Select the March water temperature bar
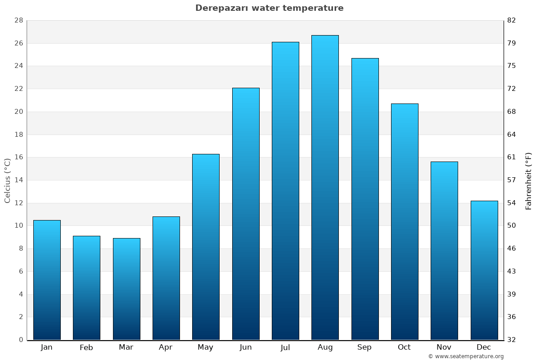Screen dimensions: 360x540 (126, 289)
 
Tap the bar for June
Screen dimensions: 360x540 (246, 214)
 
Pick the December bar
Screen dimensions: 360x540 (484, 270)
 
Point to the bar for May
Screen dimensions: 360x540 (206, 247)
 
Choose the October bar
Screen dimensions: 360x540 (405, 221)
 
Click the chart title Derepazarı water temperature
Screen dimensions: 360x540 (269, 8)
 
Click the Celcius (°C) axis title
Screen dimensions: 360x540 (7, 180)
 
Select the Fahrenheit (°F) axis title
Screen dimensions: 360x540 (529, 180)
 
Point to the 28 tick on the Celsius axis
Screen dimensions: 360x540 (19, 20)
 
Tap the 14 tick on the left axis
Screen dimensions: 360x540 (19, 180)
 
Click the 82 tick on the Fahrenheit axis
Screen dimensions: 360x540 (511, 20)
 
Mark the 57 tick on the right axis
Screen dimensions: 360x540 (511, 180)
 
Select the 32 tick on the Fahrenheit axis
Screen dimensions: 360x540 (511, 340)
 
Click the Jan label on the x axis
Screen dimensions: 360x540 (46, 347)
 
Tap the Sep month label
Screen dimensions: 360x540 (364, 347)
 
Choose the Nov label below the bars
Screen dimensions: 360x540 (444, 347)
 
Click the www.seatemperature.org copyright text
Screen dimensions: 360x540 (466, 356)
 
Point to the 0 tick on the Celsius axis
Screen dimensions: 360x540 (21, 340)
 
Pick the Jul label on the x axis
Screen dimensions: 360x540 (285, 347)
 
